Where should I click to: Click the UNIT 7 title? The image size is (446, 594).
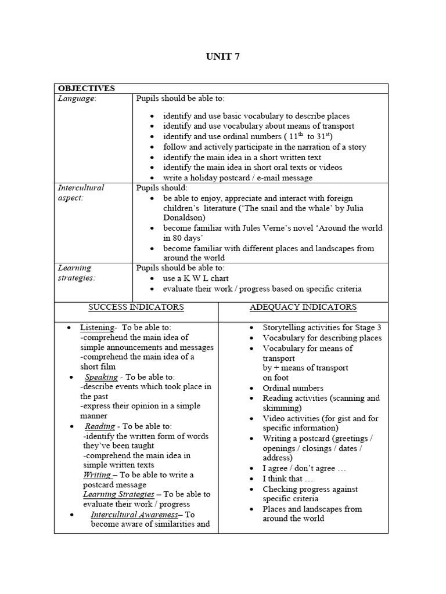click(x=222, y=56)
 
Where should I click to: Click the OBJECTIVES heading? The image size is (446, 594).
click(x=85, y=88)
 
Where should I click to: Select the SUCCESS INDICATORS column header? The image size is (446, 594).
click(x=136, y=307)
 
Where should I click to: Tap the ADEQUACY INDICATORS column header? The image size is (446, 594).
click(x=303, y=307)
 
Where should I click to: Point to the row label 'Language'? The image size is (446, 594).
click(x=77, y=99)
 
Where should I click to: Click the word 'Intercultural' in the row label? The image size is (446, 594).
click(x=81, y=188)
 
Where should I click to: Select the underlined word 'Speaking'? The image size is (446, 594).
click(x=101, y=376)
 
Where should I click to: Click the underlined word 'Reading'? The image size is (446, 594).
click(x=100, y=426)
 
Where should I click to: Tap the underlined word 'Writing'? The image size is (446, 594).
click(x=97, y=475)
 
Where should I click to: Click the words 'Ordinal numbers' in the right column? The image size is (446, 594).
click(x=293, y=388)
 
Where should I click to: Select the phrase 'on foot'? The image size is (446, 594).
click(x=276, y=377)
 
